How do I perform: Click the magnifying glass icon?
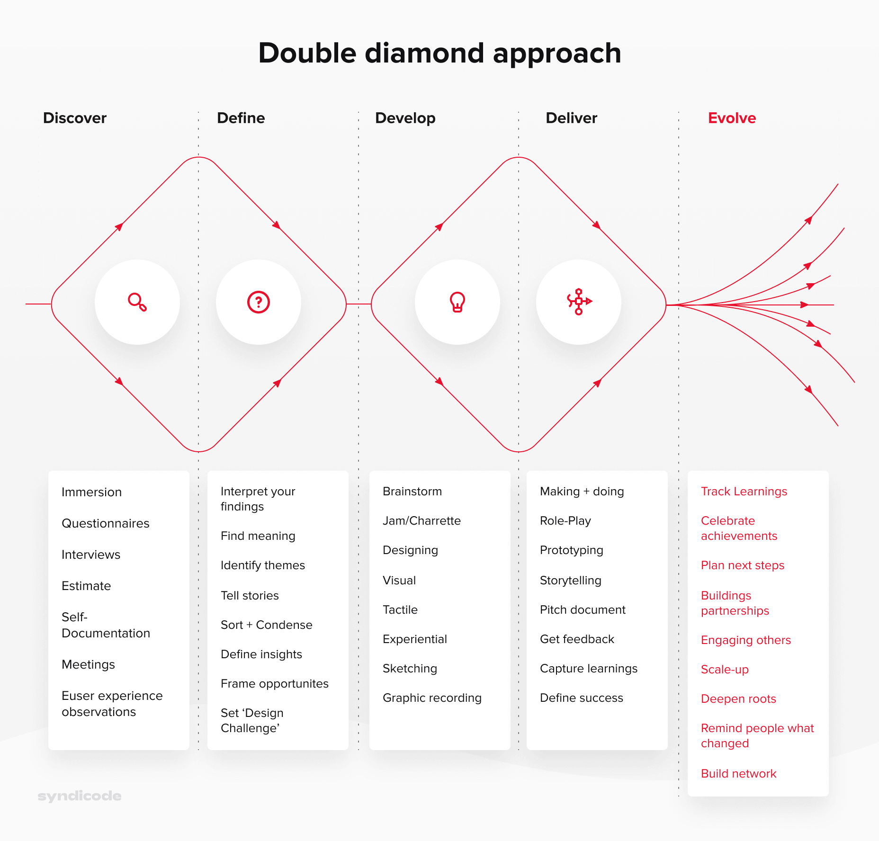(x=137, y=302)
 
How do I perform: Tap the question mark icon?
(x=259, y=302)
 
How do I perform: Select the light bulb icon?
(x=457, y=302)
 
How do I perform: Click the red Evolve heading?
(x=732, y=118)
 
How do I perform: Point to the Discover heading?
(x=75, y=118)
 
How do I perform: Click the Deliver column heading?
(x=571, y=118)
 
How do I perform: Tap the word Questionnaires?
(x=106, y=523)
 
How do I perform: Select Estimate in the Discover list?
(x=86, y=586)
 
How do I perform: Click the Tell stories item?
(x=250, y=595)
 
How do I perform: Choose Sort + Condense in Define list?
(x=267, y=625)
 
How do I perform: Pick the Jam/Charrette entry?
(x=422, y=520)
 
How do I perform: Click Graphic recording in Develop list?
(x=432, y=698)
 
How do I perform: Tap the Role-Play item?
(x=565, y=520)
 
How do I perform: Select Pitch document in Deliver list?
(x=583, y=609)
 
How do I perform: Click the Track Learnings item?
(x=744, y=491)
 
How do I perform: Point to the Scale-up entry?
(x=725, y=669)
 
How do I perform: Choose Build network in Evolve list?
(x=738, y=773)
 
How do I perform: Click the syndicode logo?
(x=80, y=796)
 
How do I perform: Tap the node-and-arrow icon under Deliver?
(x=579, y=302)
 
